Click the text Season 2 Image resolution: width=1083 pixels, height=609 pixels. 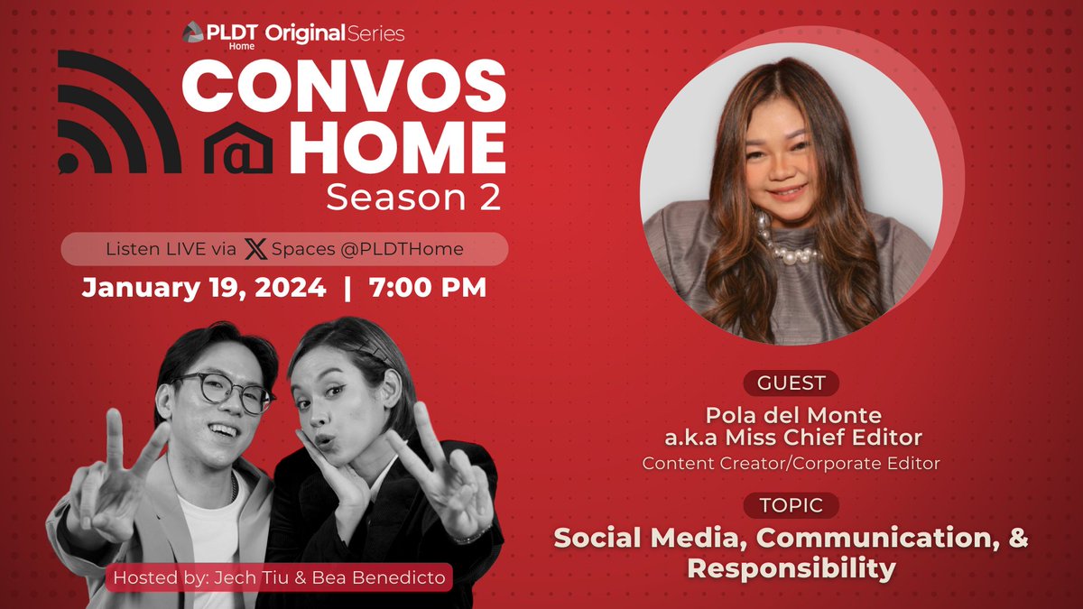413,198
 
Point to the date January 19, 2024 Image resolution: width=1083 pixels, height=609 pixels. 204,288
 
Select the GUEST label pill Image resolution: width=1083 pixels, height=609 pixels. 791,383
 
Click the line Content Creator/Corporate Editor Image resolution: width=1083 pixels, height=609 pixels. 791,463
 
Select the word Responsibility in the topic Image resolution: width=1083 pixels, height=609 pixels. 791,568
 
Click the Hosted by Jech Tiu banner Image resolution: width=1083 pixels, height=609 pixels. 279,577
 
